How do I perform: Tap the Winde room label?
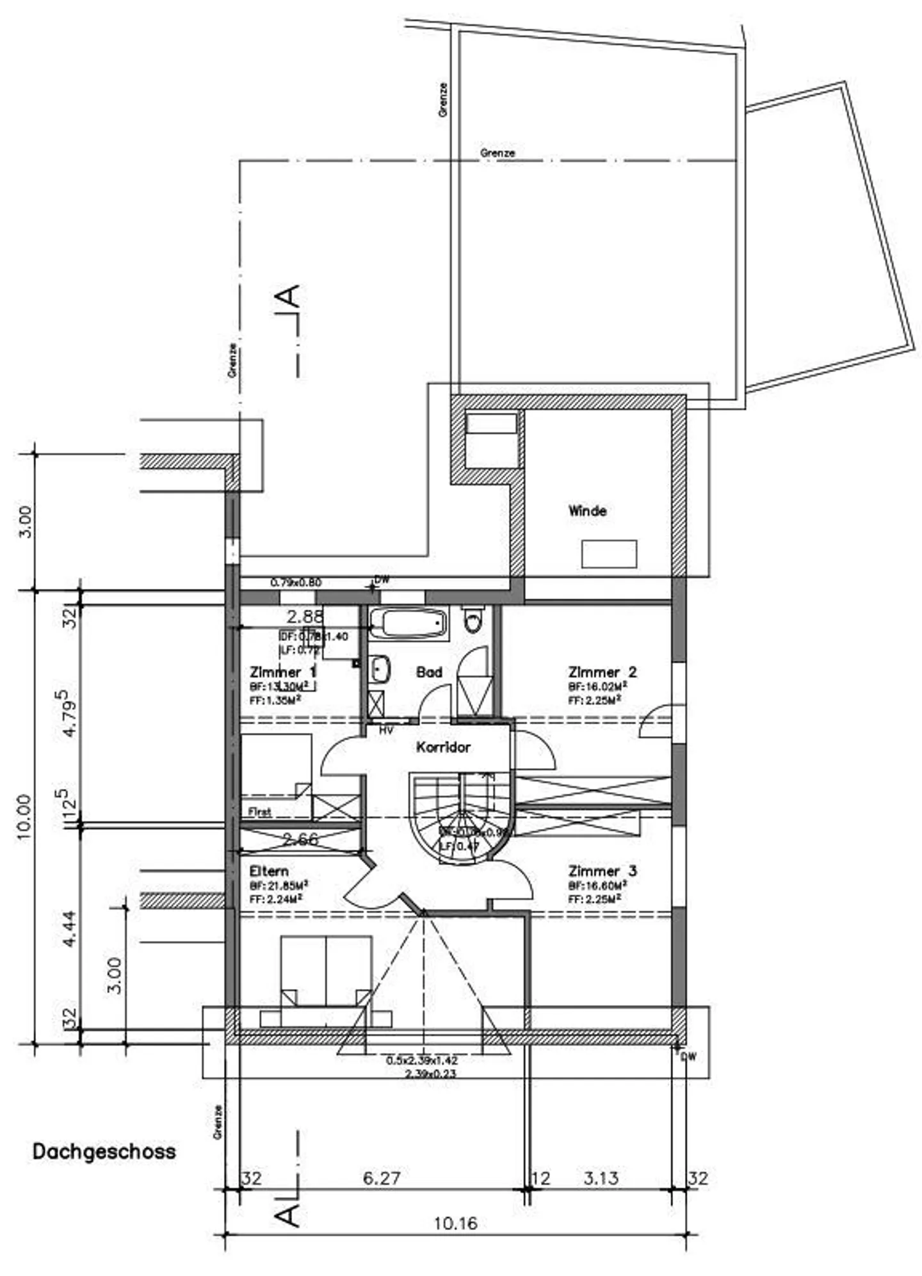pyautogui.click(x=587, y=511)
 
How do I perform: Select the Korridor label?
pyautogui.click(x=443, y=747)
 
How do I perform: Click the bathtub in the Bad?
pyautogui.click(x=408, y=623)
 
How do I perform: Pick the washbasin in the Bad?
pyautogui.click(x=380, y=670)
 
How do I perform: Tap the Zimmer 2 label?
pyautogui.click(x=602, y=672)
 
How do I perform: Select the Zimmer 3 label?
pyautogui.click(x=602, y=871)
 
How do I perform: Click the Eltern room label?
pyautogui.click(x=269, y=871)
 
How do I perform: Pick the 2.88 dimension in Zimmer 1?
pyautogui.click(x=305, y=617)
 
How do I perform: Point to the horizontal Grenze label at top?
pyautogui.click(x=497, y=154)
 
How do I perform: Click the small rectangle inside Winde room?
pyautogui.click(x=609, y=554)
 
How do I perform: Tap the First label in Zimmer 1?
pyautogui.click(x=259, y=812)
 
